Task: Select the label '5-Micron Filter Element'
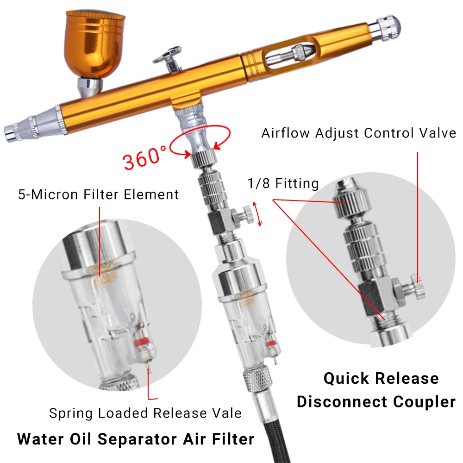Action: coord(98,194)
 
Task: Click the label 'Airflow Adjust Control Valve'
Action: coord(359,133)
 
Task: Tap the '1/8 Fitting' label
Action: coord(282,184)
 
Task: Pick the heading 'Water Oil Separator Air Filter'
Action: coord(136,438)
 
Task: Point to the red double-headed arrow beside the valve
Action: coord(259,213)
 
